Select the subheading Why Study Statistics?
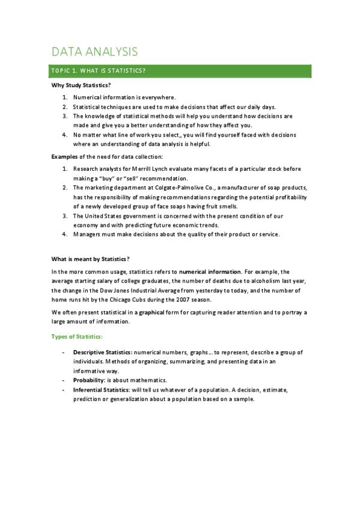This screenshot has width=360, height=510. (81, 85)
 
